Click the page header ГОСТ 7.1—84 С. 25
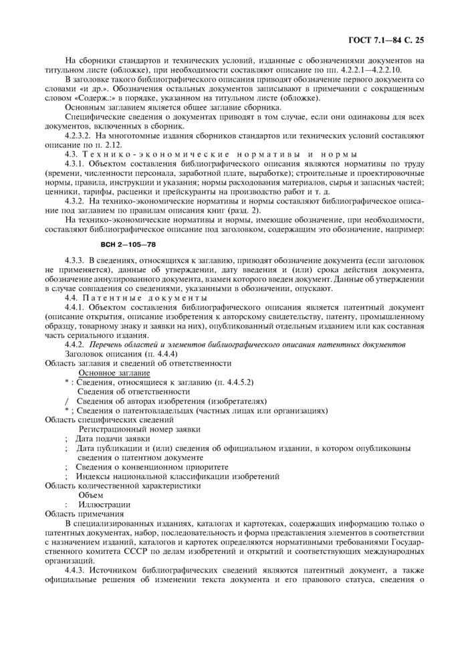point(386,40)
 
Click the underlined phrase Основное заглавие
point(114,373)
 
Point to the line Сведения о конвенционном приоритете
point(152,466)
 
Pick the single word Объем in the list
point(92,495)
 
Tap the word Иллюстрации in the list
point(104,504)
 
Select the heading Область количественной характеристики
point(122,486)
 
